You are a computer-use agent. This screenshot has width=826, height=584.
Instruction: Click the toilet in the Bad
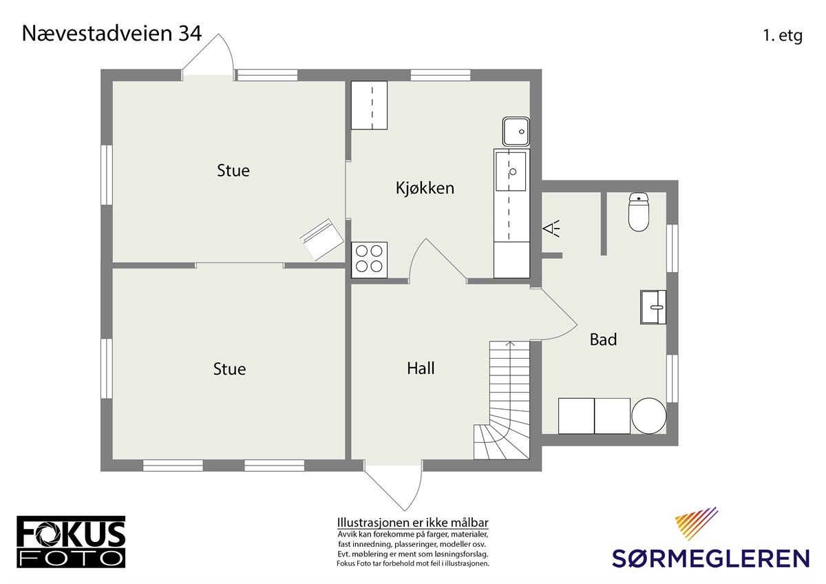[x=639, y=212]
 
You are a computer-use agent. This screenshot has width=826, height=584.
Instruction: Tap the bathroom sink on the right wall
[x=653, y=306]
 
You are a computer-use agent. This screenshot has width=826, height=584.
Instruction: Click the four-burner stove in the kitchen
[x=369, y=259]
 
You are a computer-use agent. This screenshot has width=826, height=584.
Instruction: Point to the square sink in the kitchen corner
[x=516, y=131]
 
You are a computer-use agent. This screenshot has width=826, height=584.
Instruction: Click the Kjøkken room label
[x=425, y=187]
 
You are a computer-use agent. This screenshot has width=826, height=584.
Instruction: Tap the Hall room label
[x=421, y=368]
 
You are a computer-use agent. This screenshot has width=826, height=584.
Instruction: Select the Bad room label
[x=603, y=340]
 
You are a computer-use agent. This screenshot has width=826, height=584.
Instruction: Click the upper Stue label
[x=233, y=171]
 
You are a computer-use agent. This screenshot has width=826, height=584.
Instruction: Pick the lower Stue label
[x=229, y=369]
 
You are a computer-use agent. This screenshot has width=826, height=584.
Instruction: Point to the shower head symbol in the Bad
[x=552, y=228]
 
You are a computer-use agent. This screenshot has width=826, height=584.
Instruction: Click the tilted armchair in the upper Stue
[x=321, y=240]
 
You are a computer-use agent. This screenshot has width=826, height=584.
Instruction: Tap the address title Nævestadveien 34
[x=112, y=34]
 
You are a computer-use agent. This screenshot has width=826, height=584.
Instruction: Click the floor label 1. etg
[x=782, y=36]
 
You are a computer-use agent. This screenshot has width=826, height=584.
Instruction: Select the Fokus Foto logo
[x=71, y=541]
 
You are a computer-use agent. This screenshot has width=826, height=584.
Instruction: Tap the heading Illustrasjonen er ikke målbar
[x=412, y=522]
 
